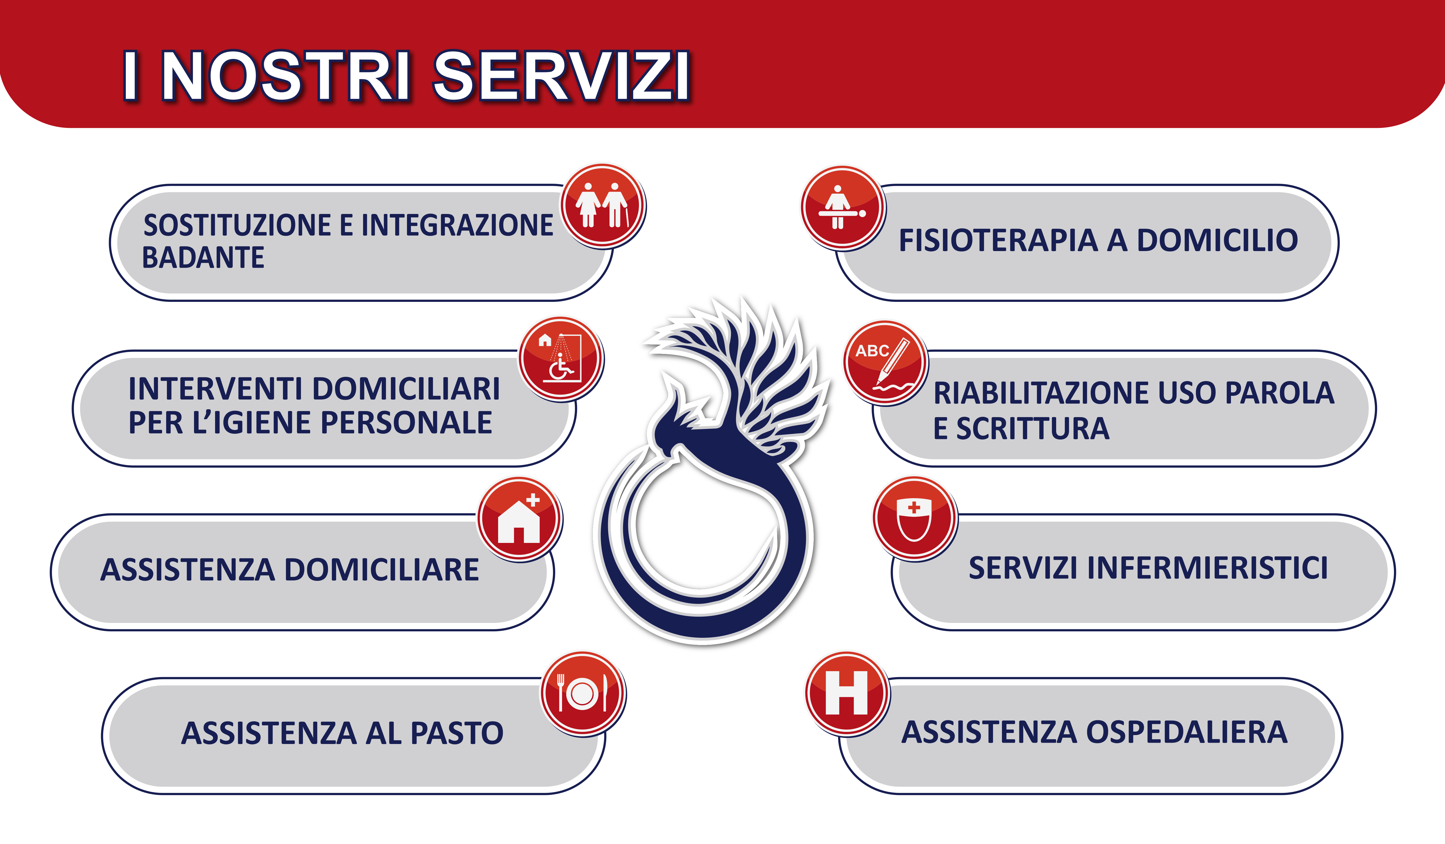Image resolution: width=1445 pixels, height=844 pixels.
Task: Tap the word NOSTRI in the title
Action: pyautogui.click(x=287, y=76)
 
